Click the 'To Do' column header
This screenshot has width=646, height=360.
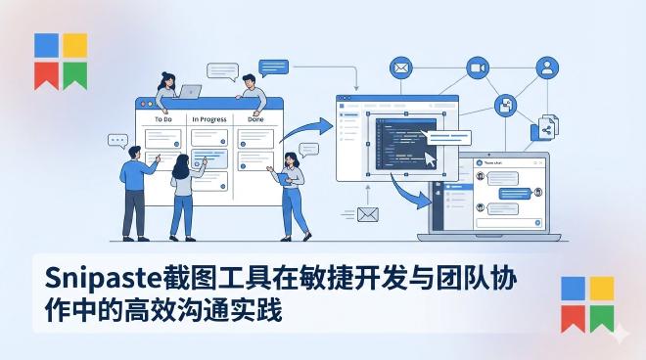163,119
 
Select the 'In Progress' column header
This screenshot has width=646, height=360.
208,119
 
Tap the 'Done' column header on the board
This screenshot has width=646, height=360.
255,119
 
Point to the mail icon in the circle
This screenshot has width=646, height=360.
399,67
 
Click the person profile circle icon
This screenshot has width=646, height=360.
547,67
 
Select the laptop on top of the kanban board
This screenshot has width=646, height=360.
190,92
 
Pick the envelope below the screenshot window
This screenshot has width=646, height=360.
367,215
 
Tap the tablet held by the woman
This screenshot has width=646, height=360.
285,177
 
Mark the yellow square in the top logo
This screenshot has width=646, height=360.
75,45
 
